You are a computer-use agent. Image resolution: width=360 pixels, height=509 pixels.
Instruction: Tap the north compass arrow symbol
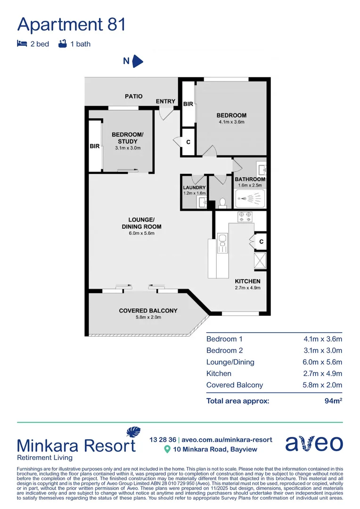coord(137,61)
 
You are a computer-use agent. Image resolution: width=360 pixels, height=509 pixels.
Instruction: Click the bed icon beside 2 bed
coord(22,44)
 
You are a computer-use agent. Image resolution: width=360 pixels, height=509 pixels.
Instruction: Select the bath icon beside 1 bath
coord(62,44)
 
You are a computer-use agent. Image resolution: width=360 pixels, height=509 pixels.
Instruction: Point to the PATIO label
coord(133,96)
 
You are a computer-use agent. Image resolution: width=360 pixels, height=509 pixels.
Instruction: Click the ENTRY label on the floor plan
coord(165,101)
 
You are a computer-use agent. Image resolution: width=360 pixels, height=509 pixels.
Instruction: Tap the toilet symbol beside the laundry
coord(223,202)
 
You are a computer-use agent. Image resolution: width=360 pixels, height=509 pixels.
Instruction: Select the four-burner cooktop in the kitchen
coord(245,217)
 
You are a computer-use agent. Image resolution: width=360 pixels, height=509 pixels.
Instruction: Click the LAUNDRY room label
coord(194,188)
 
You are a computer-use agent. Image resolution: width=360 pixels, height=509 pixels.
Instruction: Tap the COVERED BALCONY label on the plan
coord(148,311)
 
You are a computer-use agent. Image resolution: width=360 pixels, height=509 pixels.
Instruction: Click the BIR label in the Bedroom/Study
coord(95,146)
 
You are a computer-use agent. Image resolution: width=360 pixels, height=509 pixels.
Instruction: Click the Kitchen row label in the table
coord(219,373)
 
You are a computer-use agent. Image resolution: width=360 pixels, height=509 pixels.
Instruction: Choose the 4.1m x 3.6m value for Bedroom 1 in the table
coord(323,339)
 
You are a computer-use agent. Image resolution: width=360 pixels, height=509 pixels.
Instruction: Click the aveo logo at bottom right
coord(314,443)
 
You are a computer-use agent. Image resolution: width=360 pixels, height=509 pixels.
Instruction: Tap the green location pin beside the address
coord(166,449)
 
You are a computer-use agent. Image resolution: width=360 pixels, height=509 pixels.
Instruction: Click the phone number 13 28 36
coord(162,439)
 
